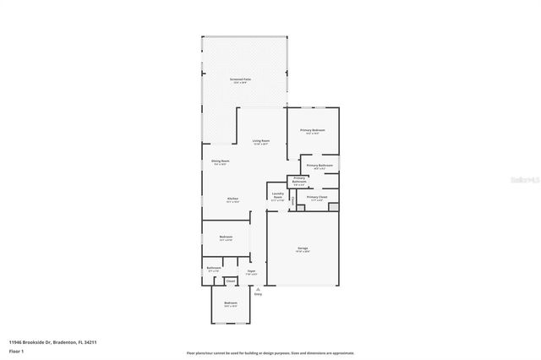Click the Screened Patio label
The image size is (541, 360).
240,79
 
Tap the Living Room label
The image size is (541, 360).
260,141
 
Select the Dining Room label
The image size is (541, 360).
220,161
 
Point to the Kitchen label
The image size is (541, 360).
232,199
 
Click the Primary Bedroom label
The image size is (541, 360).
312,130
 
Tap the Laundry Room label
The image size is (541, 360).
277,194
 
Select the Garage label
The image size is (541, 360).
302,248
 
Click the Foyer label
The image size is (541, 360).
251,271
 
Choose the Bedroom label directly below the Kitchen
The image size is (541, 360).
226,237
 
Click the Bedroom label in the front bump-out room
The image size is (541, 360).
231,303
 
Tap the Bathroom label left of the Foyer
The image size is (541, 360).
213,268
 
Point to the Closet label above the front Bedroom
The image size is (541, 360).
230,281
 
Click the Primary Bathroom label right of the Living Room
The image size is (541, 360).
319,166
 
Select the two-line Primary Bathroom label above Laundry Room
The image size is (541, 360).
299,179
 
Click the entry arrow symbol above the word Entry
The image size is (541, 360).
258,288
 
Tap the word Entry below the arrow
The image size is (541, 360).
258,294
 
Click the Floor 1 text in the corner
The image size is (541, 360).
16,351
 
